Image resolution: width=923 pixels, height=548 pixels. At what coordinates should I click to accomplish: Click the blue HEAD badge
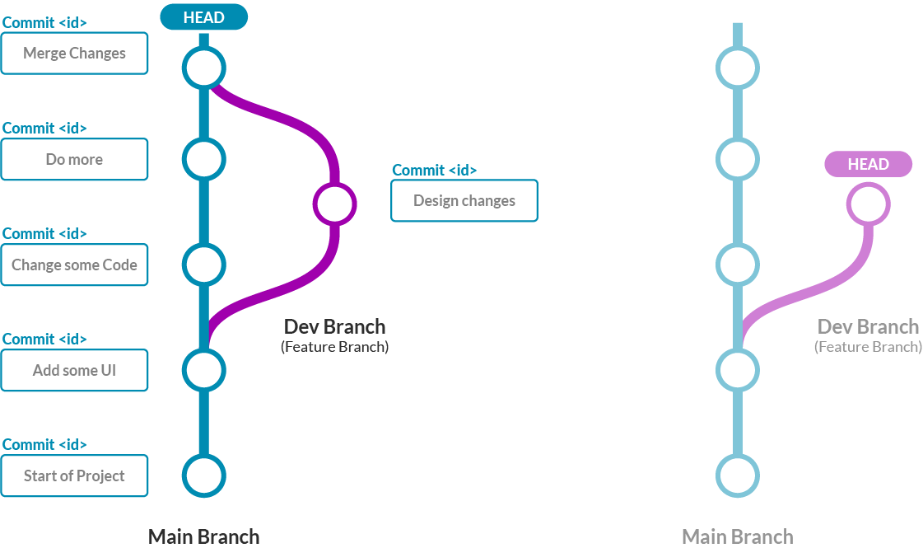(203, 17)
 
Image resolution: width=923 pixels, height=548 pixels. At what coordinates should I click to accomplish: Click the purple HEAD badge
(868, 164)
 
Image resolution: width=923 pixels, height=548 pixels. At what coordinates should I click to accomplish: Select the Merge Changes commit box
(74, 54)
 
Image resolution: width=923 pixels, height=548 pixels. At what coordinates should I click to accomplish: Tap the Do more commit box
(74, 159)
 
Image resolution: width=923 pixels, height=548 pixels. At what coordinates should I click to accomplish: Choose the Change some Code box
(74, 265)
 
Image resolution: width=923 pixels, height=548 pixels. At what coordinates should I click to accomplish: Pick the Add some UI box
(74, 370)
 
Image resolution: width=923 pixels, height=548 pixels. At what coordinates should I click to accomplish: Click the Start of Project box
(74, 475)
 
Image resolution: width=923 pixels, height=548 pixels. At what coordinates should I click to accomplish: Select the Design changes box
(464, 200)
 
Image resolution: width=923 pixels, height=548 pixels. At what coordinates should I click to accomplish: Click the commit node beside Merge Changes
(203, 68)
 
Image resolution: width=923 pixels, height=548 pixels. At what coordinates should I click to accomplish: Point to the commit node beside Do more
(203, 158)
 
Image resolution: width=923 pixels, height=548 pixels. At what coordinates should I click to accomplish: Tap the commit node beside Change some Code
(203, 265)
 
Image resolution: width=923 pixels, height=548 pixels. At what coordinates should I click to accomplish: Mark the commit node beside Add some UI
(203, 369)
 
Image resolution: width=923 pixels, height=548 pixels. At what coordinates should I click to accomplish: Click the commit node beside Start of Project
(203, 475)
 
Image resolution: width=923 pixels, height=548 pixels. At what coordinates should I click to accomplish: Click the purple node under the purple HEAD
(867, 204)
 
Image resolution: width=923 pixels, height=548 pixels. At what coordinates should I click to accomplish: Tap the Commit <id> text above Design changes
(434, 171)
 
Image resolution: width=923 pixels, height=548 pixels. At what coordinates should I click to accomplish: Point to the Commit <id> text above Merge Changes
(44, 22)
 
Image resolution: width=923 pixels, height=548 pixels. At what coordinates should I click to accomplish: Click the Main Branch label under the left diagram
(203, 537)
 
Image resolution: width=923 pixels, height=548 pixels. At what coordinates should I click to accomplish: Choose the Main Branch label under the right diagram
(737, 537)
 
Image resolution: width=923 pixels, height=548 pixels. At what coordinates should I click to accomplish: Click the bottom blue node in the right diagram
(737, 475)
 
